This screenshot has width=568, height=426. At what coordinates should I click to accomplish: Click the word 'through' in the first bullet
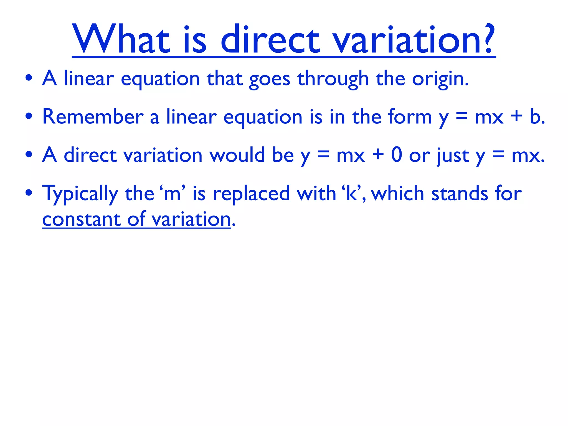coord(333,79)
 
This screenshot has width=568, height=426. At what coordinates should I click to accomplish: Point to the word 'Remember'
coord(93,117)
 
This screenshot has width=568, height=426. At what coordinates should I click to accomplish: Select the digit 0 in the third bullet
coord(397,155)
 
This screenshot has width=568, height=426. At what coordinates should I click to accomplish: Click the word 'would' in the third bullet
coord(237,155)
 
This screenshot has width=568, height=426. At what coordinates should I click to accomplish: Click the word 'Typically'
coord(80,194)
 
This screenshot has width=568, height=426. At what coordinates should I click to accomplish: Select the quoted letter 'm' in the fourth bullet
coord(172,194)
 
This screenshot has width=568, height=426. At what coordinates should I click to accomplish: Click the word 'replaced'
coord(251,194)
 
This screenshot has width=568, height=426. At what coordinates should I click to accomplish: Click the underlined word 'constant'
coord(81,219)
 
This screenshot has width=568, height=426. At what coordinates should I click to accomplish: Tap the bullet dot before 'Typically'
coord(29,193)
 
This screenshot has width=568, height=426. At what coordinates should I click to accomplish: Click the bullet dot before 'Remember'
coord(29,116)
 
